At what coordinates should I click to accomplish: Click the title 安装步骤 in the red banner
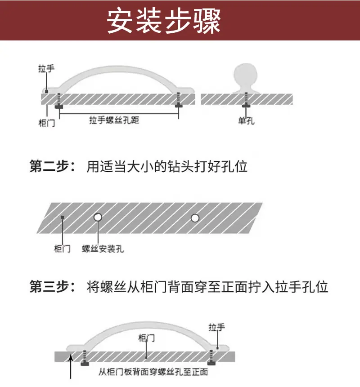(163, 21)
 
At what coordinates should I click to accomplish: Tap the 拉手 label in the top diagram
(46, 69)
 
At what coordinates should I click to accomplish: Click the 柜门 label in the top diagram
(47, 123)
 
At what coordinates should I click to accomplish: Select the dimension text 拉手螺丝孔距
(114, 120)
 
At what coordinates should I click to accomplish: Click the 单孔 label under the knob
(246, 121)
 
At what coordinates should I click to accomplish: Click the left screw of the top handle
(59, 101)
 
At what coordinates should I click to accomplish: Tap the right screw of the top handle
(178, 100)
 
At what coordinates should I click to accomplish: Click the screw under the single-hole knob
(246, 100)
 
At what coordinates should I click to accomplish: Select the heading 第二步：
(52, 166)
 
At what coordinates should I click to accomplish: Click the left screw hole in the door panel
(98, 217)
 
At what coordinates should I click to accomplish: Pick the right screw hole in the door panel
(195, 218)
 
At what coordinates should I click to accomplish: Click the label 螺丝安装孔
(103, 249)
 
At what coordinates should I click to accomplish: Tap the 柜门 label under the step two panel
(62, 249)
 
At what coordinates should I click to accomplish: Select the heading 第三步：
(52, 287)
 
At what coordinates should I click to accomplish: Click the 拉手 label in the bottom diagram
(217, 328)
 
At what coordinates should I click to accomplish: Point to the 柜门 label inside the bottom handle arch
(147, 338)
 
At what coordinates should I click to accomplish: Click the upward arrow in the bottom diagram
(71, 366)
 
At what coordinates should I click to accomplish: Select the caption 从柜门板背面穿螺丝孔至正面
(153, 372)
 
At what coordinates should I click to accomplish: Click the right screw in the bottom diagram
(211, 358)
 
